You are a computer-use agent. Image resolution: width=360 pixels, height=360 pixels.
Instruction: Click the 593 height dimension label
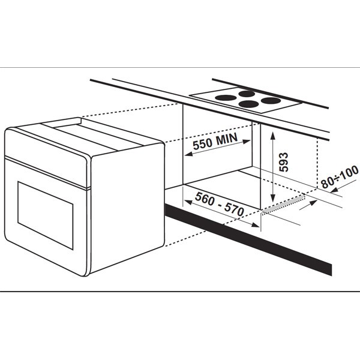click(283, 162)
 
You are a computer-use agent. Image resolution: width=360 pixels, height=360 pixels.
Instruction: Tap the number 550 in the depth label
click(203, 144)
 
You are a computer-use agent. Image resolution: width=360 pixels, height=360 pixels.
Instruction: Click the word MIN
click(226, 139)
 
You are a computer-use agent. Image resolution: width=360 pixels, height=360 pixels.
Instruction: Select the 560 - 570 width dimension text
click(219, 204)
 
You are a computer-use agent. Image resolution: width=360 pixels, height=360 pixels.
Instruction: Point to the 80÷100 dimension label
click(340, 176)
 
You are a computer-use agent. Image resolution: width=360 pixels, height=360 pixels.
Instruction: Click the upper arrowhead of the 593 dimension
click(273, 136)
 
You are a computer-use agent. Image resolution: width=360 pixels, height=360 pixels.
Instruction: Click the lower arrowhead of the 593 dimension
click(273, 198)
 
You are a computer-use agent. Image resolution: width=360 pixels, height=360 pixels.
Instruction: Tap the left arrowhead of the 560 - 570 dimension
click(188, 202)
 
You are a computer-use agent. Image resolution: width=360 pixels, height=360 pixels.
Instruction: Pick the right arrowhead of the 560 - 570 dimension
click(256, 225)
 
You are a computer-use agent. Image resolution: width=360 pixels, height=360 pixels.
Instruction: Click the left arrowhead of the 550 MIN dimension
click(188, 154)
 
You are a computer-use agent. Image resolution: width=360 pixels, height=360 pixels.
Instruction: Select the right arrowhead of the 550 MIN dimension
click(247, 142)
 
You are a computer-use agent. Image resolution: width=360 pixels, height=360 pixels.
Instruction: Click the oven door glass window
click(46, 215)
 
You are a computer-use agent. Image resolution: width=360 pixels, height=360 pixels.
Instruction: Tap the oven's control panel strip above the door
click(47, 158)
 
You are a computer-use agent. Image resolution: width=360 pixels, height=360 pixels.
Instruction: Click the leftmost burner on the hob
click(226, 98)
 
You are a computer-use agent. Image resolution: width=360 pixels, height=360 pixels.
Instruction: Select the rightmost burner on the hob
click(271, 100)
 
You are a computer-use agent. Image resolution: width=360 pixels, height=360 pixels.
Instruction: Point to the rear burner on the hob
click(247, 94)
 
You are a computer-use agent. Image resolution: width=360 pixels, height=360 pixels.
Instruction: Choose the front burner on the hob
click(248, 104)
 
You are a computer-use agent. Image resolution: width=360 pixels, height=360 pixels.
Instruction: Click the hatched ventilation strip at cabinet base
click(283, 204)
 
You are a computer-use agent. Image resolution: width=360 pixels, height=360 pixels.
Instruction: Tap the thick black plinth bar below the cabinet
click(248, 239)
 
